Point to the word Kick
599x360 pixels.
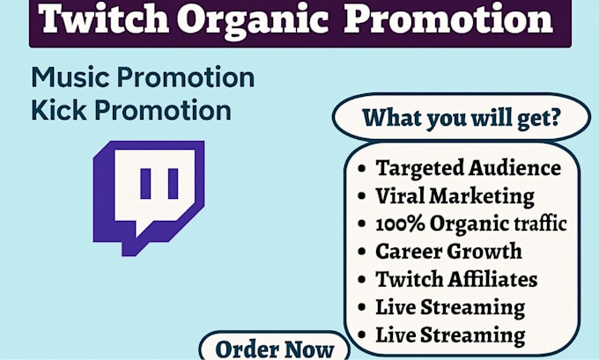pyautogui.click(x=58, y=110)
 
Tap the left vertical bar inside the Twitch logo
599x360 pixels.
pyautogui.click(x=145, y=184)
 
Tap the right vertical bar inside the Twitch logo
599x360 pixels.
pyautogui.click(x=173, y=184)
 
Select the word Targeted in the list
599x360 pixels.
pyautogui.click(x=419, y=168)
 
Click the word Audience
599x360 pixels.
pyautogui.click(x=514, y=167)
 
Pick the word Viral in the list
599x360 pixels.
pyautogui.click(x=400, y=195)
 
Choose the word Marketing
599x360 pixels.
pyautogui.click(x=482, y=197)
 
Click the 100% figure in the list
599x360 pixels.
pyautogui.click(x=400, y=224)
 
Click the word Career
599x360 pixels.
pyautogui.click(x=409, y=252)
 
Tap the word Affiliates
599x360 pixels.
pyautogui.click(x=492, y=279)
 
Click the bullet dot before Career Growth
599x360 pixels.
pyautogui.click(x=361, y=252)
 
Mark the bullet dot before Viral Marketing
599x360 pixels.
pyautogui.click(x=361, y=196)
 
